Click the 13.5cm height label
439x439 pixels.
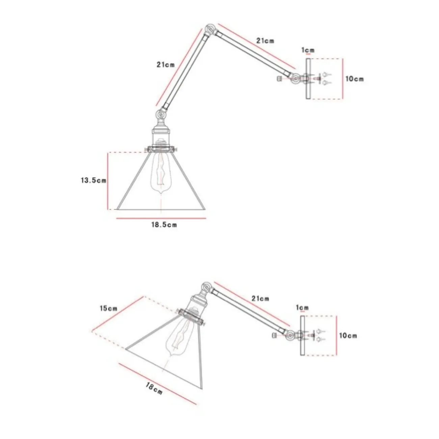[x=93, y=180]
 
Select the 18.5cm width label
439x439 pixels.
[x=164, y=225]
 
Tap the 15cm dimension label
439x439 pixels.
[x=108, y=308]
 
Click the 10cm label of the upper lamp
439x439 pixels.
[x=355, y=79]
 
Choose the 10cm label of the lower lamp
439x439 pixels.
[x=348, y=336]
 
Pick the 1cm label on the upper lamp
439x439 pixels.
[x=308, y=50]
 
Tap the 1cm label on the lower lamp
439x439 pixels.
[x=302, y=308]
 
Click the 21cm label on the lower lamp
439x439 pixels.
[x=261, y=299]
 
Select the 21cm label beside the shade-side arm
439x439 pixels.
[x=165, y=64]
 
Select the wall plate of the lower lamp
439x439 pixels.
[x=302, y=335]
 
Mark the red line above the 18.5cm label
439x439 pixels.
[x=161, y=218]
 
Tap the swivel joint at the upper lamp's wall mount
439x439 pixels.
[x=295, y=79]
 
